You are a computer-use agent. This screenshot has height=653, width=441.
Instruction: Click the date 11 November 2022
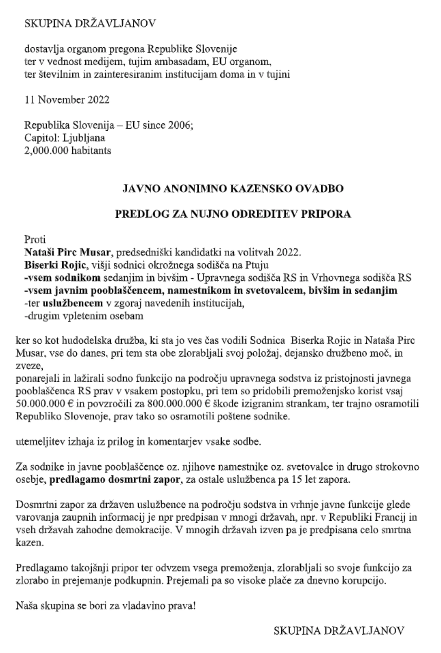tap(67, 100)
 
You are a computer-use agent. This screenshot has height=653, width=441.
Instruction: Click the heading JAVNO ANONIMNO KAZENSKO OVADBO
tap(233, 188)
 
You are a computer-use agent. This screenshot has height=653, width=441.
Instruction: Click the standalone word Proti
tap(35, 239)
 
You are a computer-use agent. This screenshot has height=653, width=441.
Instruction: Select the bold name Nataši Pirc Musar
tap(67, 252)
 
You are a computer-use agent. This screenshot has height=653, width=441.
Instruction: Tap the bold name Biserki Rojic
tap(55, 265)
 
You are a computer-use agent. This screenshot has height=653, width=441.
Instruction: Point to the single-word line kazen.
tap(29, 543)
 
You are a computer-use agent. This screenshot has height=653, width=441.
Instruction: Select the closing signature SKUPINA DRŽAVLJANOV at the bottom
tap(338, 631)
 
